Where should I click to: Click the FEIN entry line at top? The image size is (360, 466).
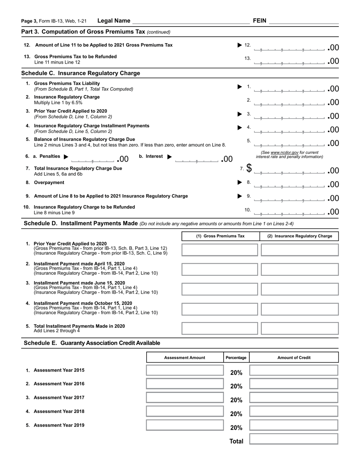click(x=304, y=21)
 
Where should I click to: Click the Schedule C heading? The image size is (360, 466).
click(x=81, y=73)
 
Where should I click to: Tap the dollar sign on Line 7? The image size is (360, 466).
click(x=249, y=168)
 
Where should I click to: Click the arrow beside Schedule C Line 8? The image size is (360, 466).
click(x=239, y=183)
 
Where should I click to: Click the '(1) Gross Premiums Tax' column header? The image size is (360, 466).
click(x=220, y=236)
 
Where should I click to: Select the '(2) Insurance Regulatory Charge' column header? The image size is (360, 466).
click(x=299, y=236)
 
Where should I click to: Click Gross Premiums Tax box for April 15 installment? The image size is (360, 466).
click(x=220, y=269)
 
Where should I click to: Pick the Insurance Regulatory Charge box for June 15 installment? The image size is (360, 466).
click(x=299, y=289)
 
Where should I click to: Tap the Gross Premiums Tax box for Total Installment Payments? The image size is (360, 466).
click(x=220, y=328)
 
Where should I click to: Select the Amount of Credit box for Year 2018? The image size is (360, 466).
click(x=294, y=411)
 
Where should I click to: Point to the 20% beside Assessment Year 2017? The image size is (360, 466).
click(x=236, y=400)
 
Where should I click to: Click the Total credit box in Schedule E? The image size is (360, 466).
click(x=294, y=439)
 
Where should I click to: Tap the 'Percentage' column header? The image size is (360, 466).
click(x=236, y=358)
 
